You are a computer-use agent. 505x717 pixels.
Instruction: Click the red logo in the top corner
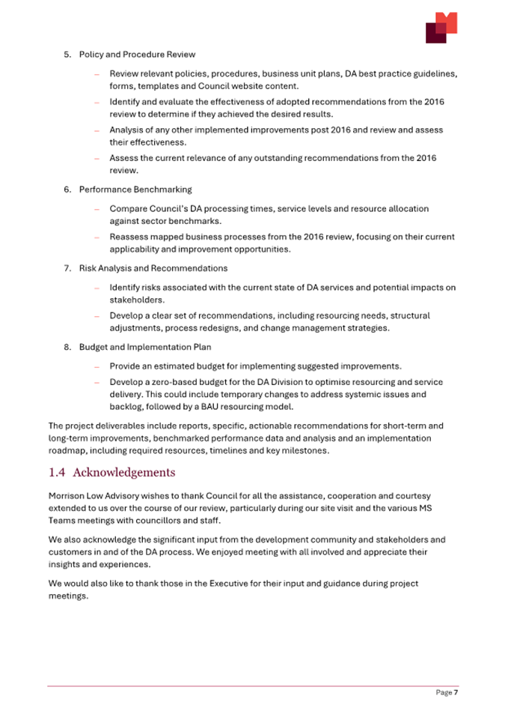(x=441, y=27)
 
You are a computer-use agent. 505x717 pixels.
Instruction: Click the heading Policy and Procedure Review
(x=137, y=55)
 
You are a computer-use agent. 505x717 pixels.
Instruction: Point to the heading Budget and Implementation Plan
(x=145, y=347)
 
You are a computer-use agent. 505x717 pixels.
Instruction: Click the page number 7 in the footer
(x=455, y=693)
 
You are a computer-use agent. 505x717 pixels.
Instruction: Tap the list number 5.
(x=67, y=55)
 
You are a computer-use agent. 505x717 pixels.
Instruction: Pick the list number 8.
(x=67, y=347)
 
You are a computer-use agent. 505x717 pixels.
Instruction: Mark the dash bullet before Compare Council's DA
(x=97, y=209)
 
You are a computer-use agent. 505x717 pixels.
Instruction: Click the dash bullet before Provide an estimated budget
(x=97, y=367)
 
